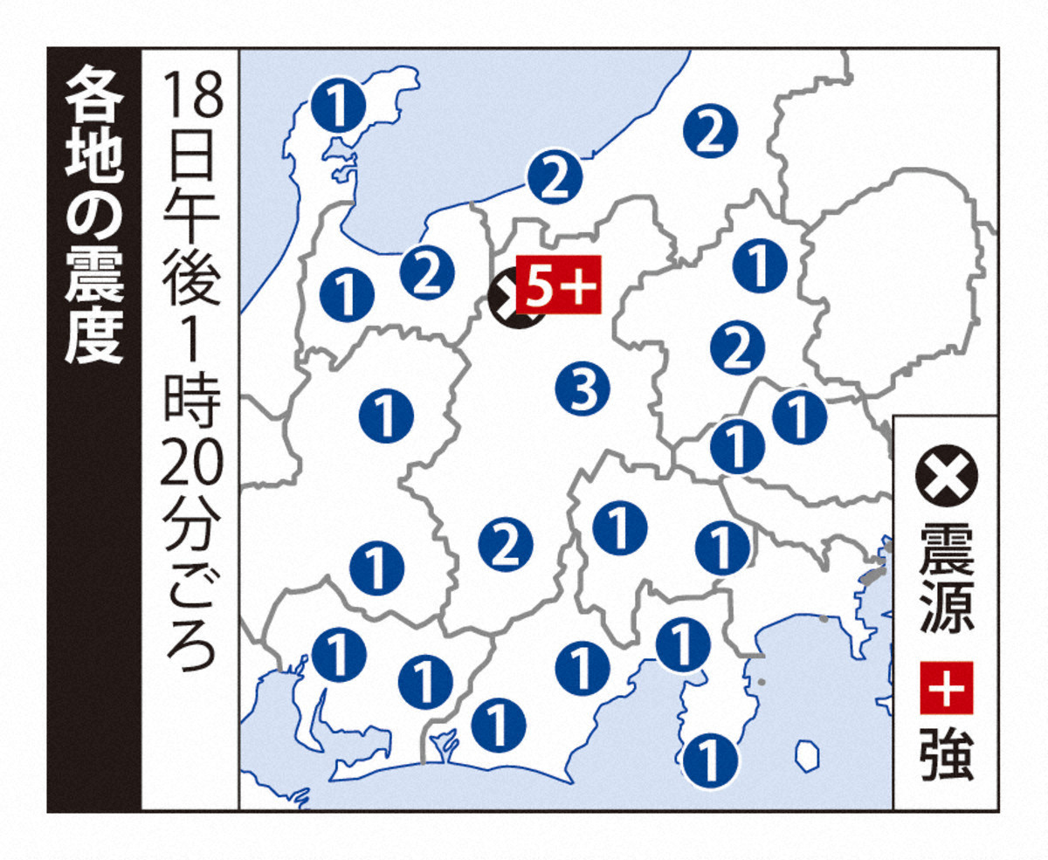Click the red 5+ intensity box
click(558, 286)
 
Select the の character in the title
click(93, 216)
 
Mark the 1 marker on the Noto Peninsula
click(339, 106)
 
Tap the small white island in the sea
click(808, 753)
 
